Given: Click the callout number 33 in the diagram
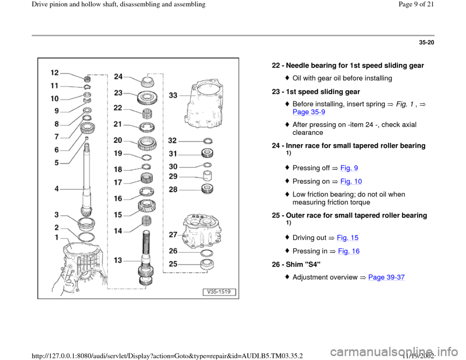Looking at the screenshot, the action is pos(173,96).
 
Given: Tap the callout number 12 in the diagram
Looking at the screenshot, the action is pos(55,73).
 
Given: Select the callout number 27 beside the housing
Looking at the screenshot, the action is pos(173,235).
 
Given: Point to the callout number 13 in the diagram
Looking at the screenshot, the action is pos(118,260).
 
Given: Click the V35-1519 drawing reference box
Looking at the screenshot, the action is pos(219,292).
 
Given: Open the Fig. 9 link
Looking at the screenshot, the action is pos(349,168).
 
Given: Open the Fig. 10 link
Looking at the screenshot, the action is pos(351,181).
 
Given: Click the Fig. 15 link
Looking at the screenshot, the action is pos(348,238).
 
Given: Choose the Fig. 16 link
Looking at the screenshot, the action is pos(349,251).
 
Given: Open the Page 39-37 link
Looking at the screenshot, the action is pos(386,278).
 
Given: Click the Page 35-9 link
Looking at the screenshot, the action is pos(309,112).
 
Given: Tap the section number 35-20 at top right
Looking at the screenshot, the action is pos(427,43).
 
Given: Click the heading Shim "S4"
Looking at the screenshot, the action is pos(303,264).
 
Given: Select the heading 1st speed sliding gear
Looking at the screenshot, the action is pos(323,92).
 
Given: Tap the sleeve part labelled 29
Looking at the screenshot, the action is pos(207,176).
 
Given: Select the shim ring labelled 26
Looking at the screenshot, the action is pos(207,253).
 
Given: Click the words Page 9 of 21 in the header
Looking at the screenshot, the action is pos(416,4).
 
